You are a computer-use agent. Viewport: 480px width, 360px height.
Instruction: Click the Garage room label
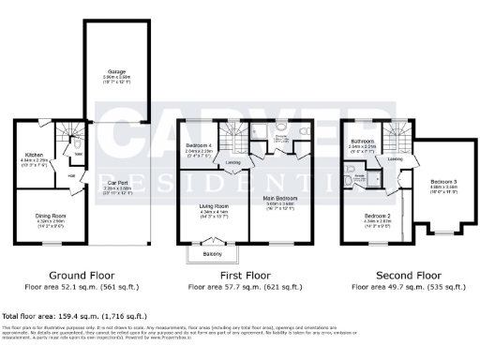click(117, 65)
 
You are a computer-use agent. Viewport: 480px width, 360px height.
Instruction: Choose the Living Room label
click(213, 208)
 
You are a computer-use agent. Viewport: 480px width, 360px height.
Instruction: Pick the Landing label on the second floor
click(396, 158)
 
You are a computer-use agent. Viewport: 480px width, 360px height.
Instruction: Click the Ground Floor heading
click(76, 276)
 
